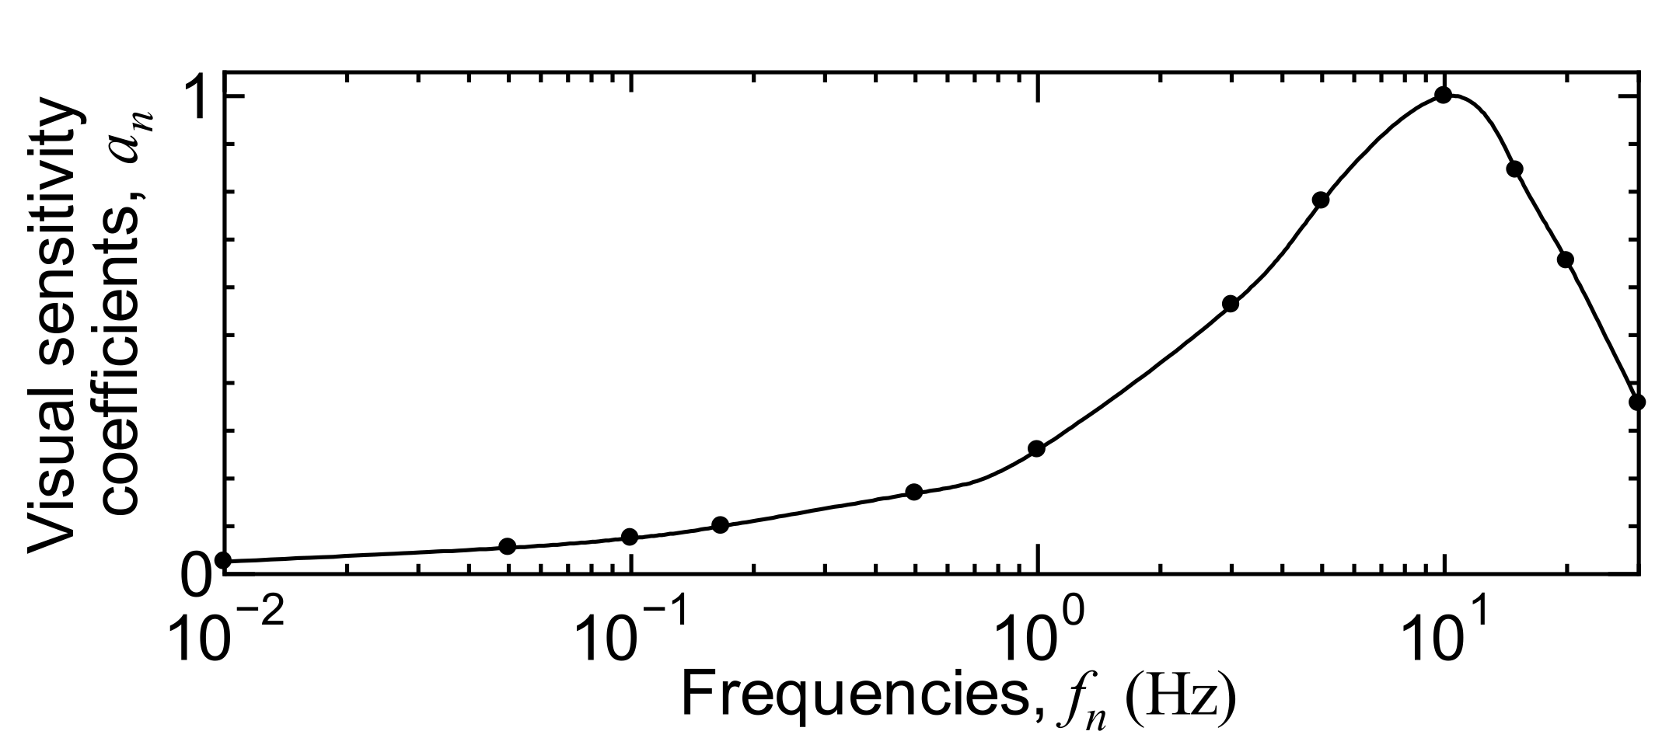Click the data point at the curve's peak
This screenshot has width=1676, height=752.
(1444, 96)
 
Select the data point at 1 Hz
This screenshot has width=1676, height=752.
(1036, 448)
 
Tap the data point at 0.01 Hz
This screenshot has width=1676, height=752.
(223, 560)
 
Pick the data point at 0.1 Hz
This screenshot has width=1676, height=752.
(630, 537)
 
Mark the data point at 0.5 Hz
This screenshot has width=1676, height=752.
(914, 492)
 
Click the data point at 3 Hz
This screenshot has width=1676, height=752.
(1231, 304)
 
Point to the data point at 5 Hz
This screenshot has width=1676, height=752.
(1320, 200)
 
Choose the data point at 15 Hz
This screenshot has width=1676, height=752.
(1515, 169)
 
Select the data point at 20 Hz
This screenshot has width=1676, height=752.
(1566, 259)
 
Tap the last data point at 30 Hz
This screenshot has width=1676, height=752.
(1637, 402)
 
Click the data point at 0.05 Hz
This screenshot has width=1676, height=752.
(507, 546)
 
